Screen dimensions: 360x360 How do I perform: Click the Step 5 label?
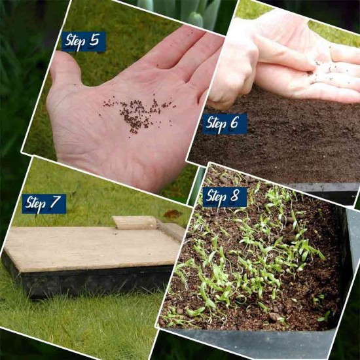click(x=83, y=41)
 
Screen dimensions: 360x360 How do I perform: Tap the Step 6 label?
click(x=225, y=124)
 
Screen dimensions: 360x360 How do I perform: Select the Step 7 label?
click(x=44, y=204)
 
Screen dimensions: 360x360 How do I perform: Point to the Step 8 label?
click(x=225, y=197)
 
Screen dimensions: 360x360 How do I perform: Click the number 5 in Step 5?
click(x=94, y=41)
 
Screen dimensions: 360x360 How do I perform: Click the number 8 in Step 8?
click(x=234, y=196)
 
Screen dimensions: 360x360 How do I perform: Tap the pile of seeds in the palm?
click(x=137, y=113)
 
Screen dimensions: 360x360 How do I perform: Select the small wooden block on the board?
click(x=135, y=223)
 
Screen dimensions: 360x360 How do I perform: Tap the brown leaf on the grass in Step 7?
click(x=172, y=214)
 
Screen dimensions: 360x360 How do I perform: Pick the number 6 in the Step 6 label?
click(x=234, y=122)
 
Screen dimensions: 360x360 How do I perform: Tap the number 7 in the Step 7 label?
click(x=56, y=202)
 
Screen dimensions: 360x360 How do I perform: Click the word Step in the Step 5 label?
click(x=76, y=42)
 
